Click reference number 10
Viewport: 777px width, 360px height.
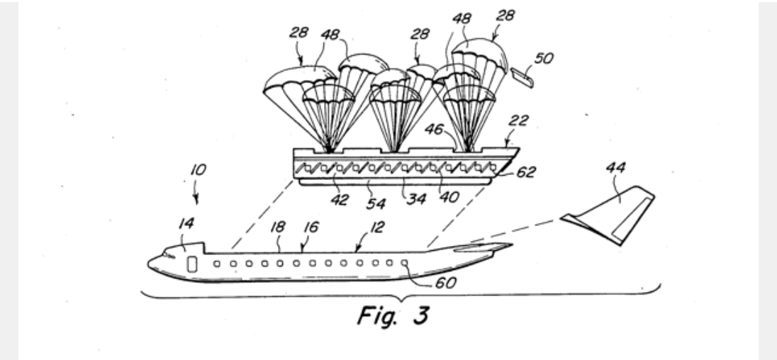(199, 171)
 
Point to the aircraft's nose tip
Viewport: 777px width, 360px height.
(149, 264)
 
